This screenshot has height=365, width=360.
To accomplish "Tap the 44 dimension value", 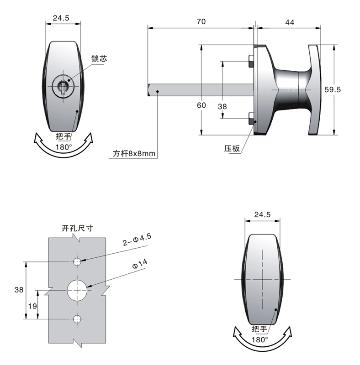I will click(289, 21).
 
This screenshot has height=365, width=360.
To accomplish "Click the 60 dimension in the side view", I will click(201, 105).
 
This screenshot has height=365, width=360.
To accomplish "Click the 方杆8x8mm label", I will click(134, 154).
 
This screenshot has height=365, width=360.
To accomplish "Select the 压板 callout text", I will click(232, 148).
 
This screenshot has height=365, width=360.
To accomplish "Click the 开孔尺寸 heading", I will click(77, 228).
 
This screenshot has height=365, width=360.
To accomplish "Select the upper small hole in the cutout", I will click(77, 261).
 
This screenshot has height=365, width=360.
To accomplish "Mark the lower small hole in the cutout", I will click(77, 318).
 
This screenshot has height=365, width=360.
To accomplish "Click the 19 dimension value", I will click(32, 306).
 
